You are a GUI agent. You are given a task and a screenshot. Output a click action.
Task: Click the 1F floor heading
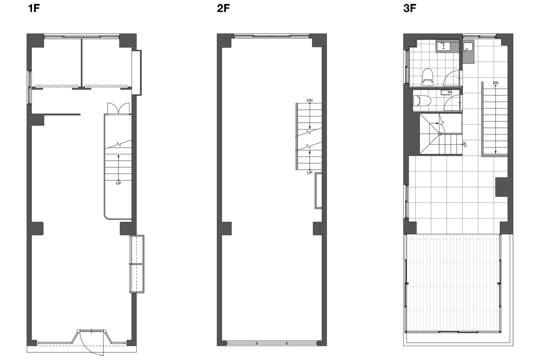(x=34, y=8)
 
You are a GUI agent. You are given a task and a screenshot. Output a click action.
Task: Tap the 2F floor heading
(x=223, y=8)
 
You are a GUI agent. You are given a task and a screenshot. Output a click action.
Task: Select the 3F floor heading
(x=410, y=8)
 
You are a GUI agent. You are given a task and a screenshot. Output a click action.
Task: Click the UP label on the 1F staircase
(x=119, y=183)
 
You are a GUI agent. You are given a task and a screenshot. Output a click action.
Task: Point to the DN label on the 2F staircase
(x=310, y=100)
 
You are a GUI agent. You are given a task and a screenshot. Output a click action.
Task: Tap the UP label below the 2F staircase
(x=310, y=173)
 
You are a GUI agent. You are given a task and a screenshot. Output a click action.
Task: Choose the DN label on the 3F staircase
(x=496, y=83)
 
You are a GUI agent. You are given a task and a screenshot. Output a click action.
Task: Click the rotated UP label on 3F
(x=465, y=144)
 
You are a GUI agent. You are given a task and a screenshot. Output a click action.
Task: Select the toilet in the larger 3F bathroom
(x=428, y=77)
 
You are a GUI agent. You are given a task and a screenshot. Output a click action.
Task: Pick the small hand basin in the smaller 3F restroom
(x=446, y=92)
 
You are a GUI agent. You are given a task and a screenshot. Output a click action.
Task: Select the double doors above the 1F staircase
(x=119, y=108)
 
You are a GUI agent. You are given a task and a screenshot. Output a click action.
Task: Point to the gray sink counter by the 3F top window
(x=468, y=51)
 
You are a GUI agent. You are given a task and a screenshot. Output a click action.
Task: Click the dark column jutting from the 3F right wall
(x=502, y=187)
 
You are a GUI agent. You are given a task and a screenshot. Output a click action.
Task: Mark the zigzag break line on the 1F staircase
(x=118, y=144)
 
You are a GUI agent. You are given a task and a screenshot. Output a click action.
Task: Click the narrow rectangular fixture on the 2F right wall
(x=318, y=190)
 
